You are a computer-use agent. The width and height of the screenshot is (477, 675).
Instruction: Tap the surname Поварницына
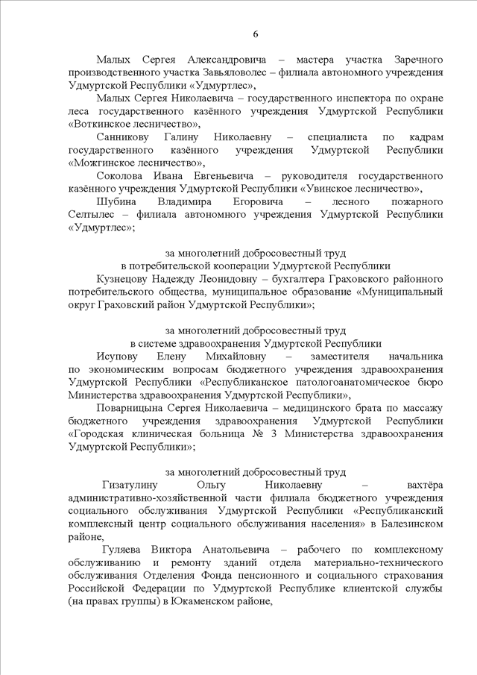pos(137,409)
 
